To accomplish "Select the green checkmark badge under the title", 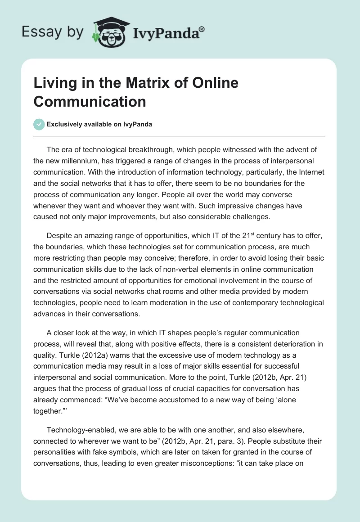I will (x=39, y=124).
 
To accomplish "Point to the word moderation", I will (x=157, y=302).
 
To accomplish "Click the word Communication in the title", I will (x=90, y=101).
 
